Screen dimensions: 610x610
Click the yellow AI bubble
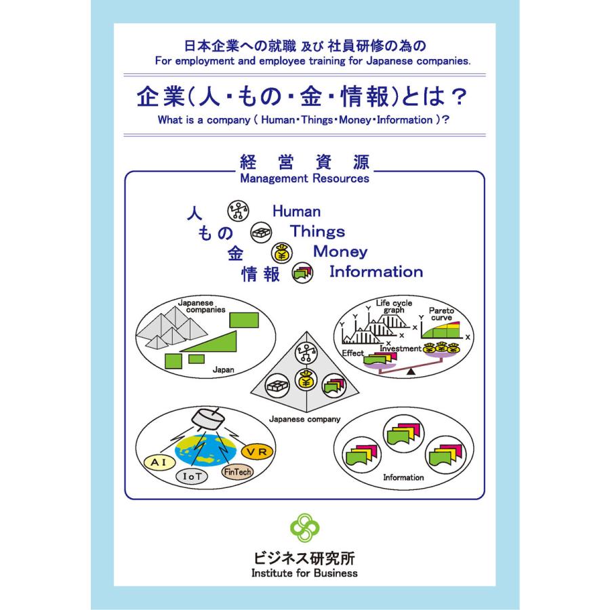159,462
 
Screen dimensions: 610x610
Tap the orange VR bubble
257,451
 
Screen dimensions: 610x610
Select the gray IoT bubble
192,476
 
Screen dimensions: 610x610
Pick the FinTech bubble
237,472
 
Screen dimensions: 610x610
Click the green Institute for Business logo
304,527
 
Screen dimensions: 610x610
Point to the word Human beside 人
296,211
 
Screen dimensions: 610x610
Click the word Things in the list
317,231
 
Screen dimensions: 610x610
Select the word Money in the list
340,251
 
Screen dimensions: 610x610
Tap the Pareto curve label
441,314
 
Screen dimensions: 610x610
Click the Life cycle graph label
394,306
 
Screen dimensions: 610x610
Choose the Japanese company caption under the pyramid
304,420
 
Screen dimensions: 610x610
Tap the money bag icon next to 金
282,253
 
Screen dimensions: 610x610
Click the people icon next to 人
238,211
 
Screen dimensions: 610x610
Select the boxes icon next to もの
261,232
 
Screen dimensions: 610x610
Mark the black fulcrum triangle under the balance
411,372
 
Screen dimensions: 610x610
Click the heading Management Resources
304,178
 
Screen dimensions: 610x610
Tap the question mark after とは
459,97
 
